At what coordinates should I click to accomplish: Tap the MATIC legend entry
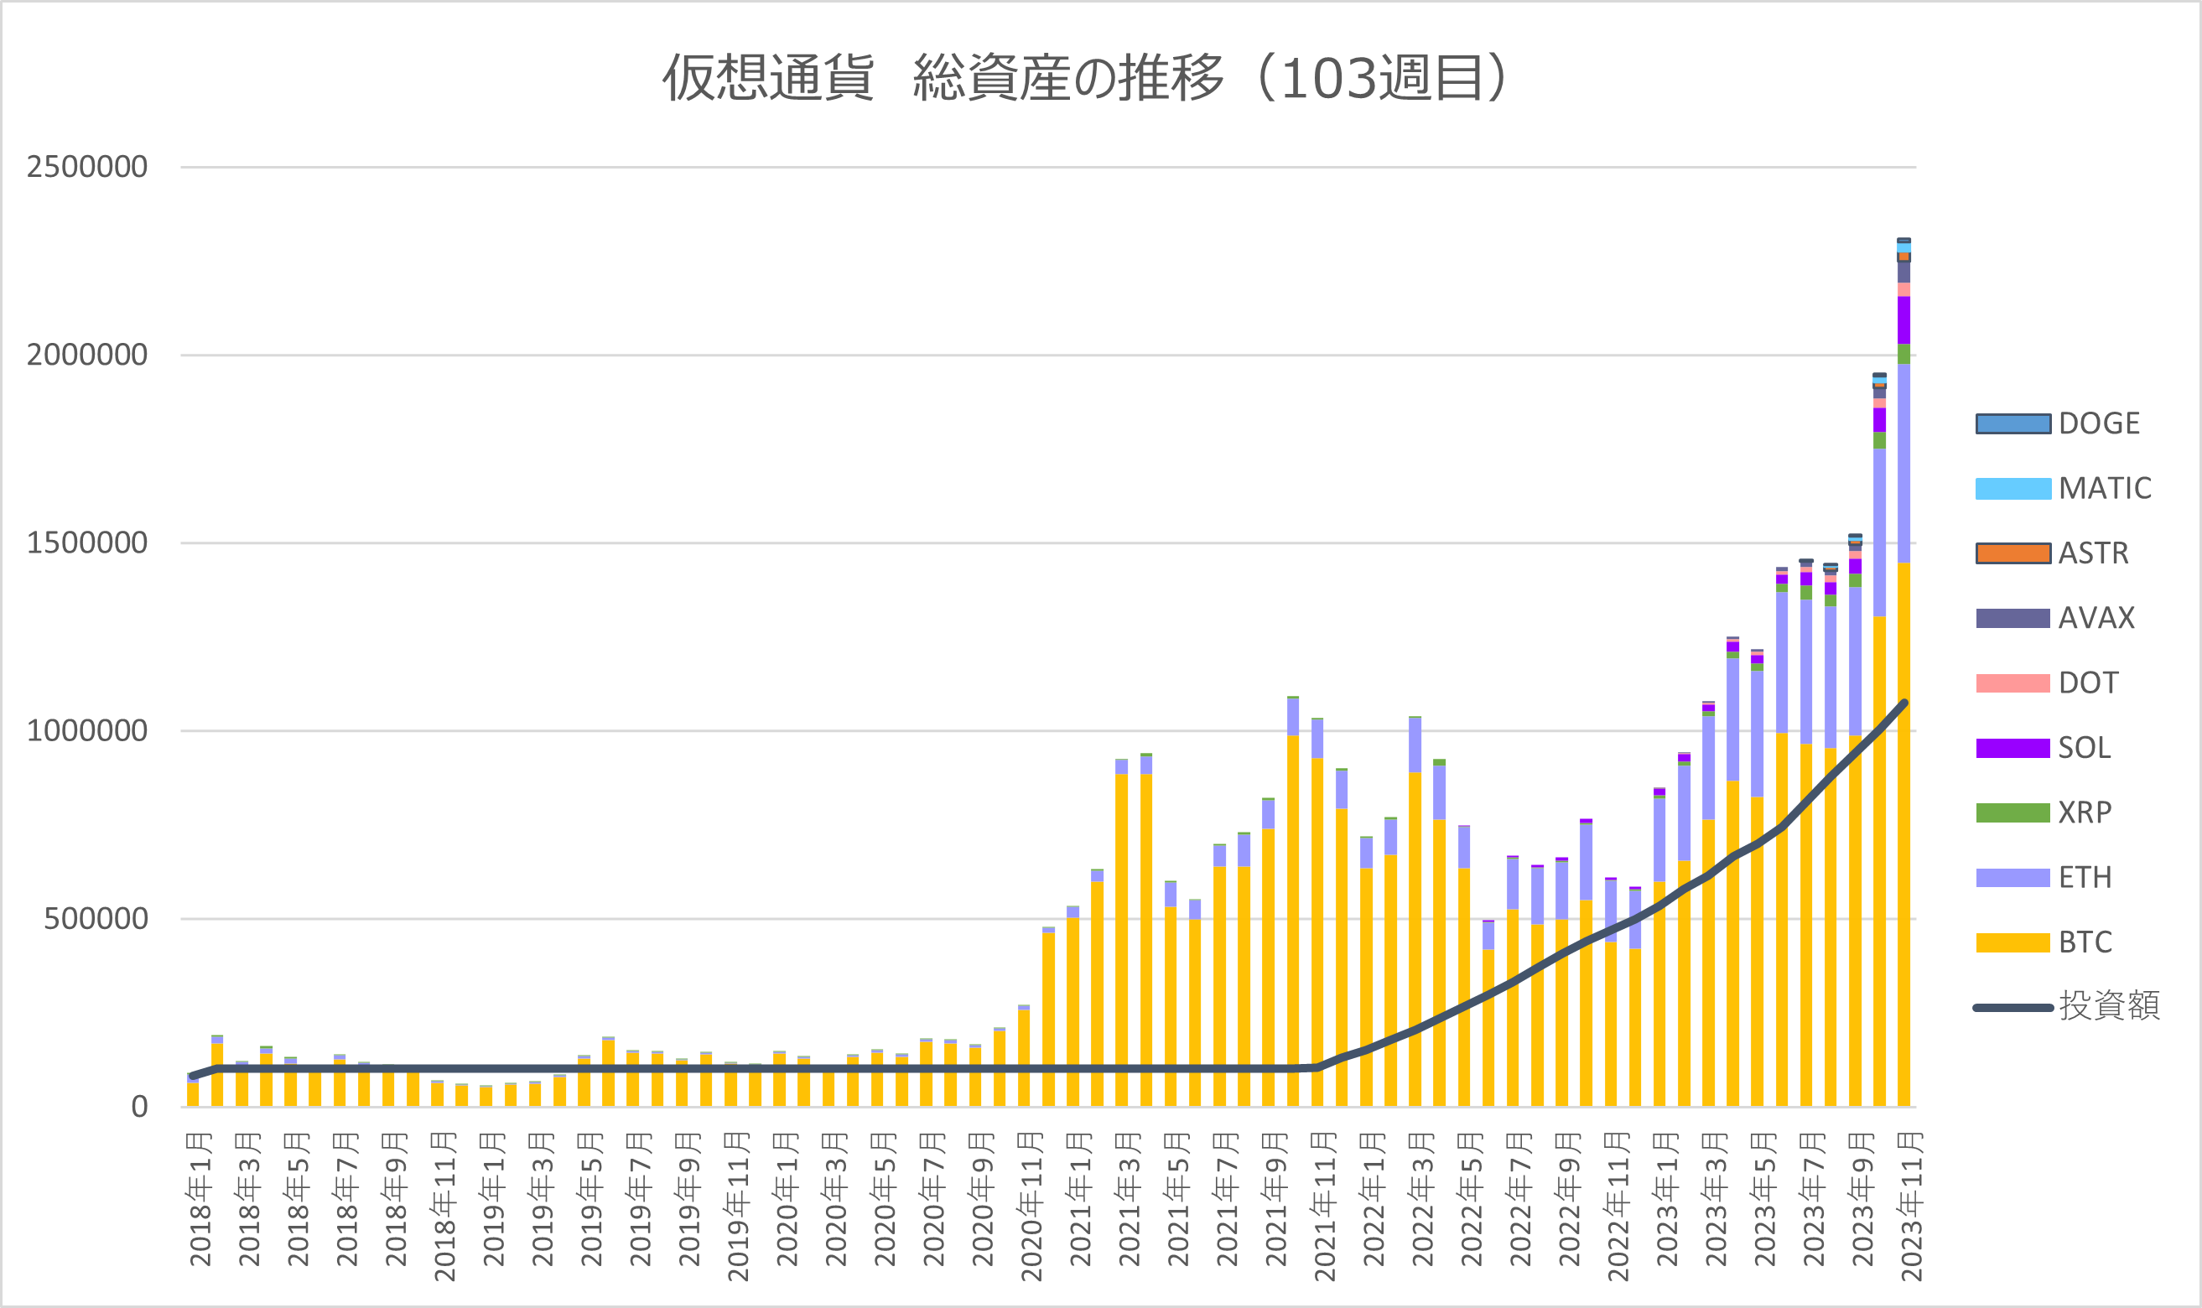point(2064,488)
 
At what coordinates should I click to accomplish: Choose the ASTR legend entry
point(2052,553)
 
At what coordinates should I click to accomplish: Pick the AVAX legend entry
point(2055,618)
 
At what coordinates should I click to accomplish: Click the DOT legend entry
point(2047,683)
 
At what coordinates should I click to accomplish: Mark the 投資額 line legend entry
point(2067,1006)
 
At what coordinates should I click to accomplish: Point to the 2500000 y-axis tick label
point(86,167)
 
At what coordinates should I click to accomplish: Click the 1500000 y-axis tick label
point(86,543)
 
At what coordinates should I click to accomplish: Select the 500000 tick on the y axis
point(96,918)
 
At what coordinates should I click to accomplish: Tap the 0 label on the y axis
point(139,1107)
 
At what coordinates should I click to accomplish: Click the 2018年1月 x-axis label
point(200,1200)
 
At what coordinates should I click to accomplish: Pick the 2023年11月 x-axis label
point(1910,1207)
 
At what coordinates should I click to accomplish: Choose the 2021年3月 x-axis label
point(1130,1200)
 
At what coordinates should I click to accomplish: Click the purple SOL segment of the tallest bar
point(1904,320)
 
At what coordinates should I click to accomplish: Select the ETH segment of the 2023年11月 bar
point(1904,464)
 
